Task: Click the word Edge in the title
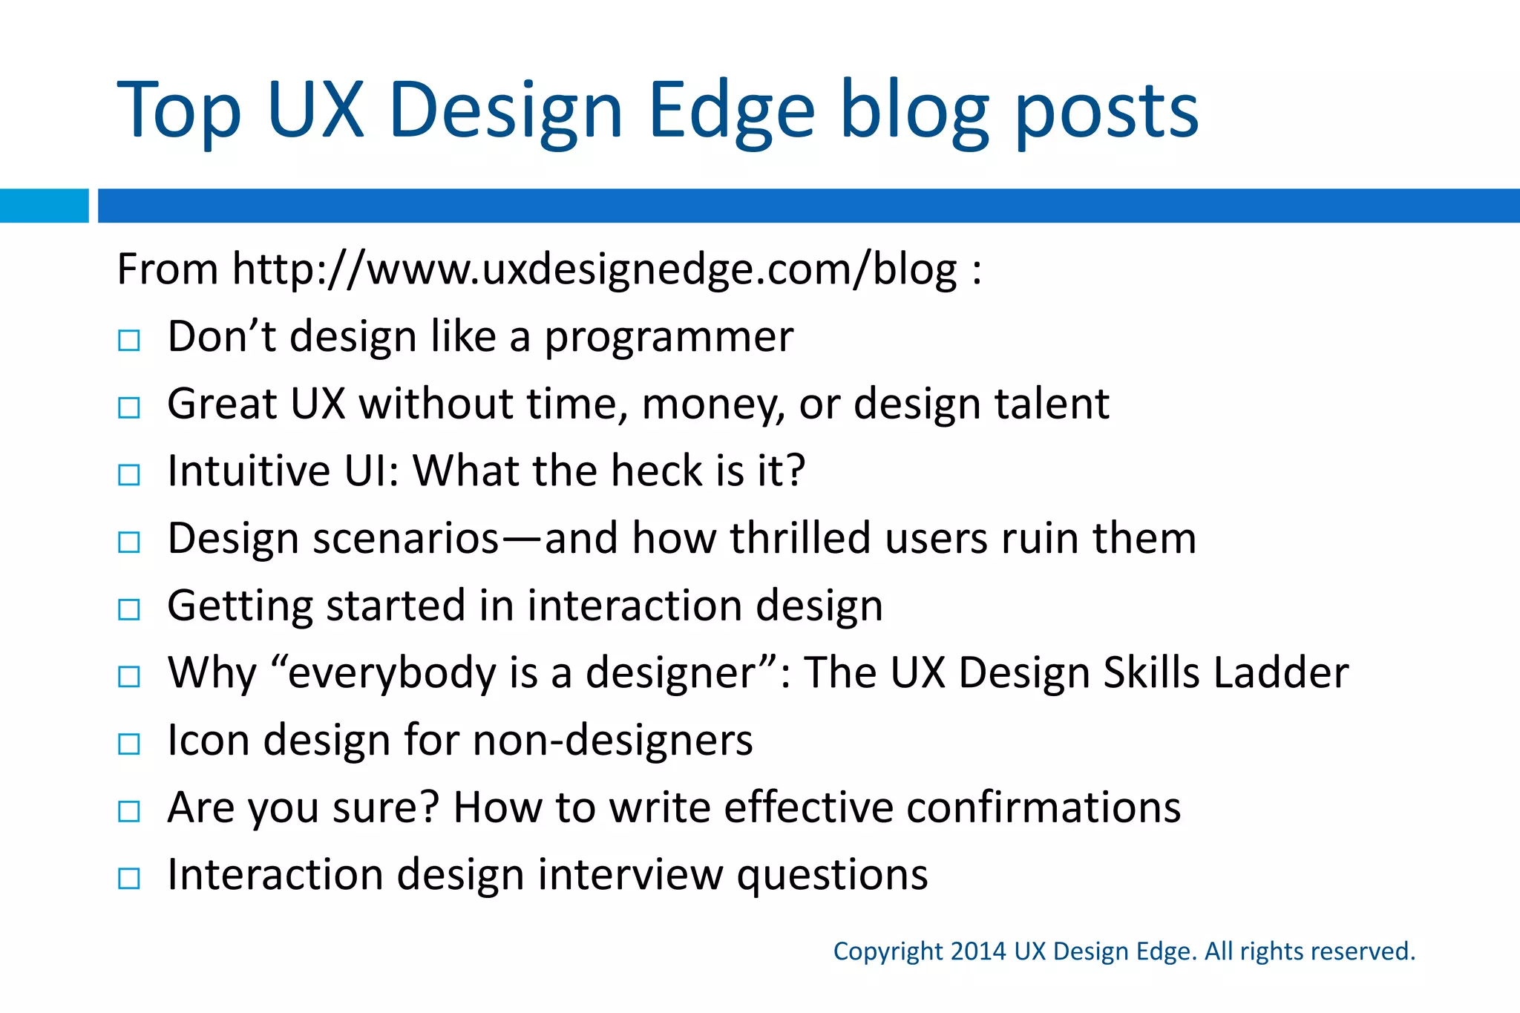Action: click(x=731, y=111)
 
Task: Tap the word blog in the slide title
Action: click(x=914, y=111)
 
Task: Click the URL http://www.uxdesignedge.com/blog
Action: click(x=594, y=269)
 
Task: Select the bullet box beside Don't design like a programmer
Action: click(x=129, y=341)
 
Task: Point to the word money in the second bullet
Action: click(x=713, y=404)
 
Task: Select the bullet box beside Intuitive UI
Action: click(x=129, y=475)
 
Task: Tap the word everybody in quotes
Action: click(x=391, y=674)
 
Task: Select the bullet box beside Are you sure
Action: click(x=129, y=811)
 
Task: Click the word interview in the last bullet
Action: click(x=630, y=875)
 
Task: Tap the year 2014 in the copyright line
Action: click(x=978, y=951)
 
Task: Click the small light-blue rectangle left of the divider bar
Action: click(x=44, y=206)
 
